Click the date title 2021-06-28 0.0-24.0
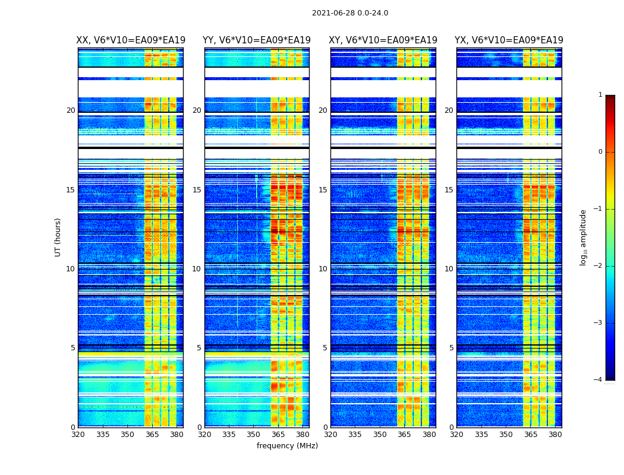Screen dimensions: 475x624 point(350,13)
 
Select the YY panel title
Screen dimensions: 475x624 point(257,40)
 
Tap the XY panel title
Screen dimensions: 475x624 point(383,40)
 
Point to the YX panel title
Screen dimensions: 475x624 point(509,40)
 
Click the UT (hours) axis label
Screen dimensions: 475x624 point(58,237)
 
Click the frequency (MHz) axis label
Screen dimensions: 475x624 point(287,446)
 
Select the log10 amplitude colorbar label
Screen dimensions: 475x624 point(584,237)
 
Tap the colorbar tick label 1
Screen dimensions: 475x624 point(600,95)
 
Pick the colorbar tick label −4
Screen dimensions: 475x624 point(598,380)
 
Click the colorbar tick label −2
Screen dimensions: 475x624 point(598,266)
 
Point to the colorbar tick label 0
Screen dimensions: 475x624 point(600,152)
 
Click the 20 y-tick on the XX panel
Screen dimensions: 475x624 point(71,110)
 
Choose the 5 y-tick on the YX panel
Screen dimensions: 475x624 point(451,348)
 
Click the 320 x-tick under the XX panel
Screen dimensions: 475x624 point(78,434)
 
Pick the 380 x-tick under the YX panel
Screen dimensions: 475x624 point(555,434)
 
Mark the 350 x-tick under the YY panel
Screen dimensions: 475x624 point(254,434)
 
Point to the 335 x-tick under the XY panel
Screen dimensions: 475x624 point(355,434)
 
